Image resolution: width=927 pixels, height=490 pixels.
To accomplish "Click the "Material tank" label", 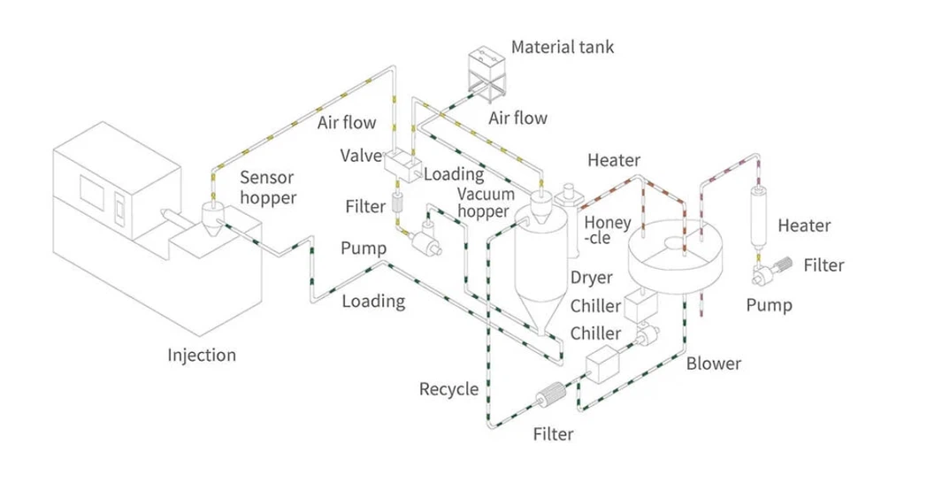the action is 563,47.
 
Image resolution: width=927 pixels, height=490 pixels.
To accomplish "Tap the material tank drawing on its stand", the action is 487,73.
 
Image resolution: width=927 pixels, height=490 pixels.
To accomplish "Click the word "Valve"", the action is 361,156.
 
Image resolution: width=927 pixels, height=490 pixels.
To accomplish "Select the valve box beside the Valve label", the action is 402,163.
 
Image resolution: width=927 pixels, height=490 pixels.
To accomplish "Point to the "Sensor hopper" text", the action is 268,188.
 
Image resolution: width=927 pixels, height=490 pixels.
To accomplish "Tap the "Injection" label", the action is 202,355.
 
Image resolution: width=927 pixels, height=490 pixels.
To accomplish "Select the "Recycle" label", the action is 448,389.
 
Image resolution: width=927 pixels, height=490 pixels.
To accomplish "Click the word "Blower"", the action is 714,363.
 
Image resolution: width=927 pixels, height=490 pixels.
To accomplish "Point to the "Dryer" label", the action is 591,278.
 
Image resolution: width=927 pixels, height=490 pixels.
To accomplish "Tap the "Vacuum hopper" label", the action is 486,203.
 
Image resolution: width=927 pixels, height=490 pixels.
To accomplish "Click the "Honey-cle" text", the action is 608,230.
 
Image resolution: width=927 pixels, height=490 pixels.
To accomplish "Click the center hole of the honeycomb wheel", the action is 674,243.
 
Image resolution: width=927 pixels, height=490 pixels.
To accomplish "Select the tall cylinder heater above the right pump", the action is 759,217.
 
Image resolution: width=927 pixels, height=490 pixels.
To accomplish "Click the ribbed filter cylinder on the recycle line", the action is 551,394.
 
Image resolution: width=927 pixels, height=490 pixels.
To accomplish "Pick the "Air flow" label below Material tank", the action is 517,119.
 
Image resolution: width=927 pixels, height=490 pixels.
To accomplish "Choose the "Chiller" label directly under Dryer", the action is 595,305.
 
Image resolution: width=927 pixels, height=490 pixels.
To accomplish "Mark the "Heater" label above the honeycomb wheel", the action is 614,160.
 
